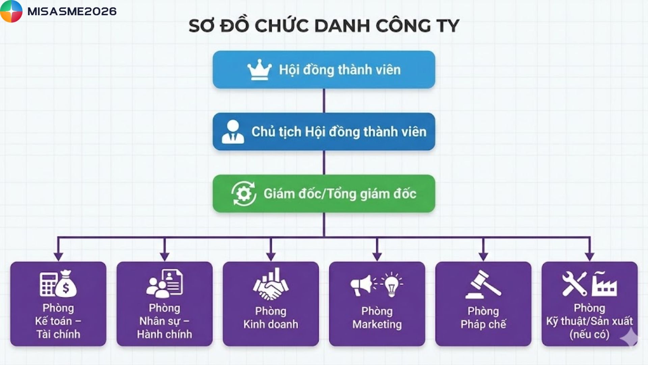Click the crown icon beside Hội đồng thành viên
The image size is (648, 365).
[259, 70]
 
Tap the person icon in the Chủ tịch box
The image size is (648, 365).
[233, 132]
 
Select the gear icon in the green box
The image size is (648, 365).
[243, 194]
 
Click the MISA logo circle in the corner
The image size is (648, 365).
[11, 11]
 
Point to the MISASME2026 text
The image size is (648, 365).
[72, 11]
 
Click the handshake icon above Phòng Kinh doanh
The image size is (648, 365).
[271, 288]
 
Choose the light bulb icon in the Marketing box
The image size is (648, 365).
[391, 284]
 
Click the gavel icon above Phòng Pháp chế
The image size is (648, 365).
[483, 285]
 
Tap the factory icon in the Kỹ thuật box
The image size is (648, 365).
[604, 285]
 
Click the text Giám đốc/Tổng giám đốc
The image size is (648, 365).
[340, 194]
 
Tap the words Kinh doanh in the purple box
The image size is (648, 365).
[271, 324]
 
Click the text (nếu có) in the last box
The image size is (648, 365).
[589, 335]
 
